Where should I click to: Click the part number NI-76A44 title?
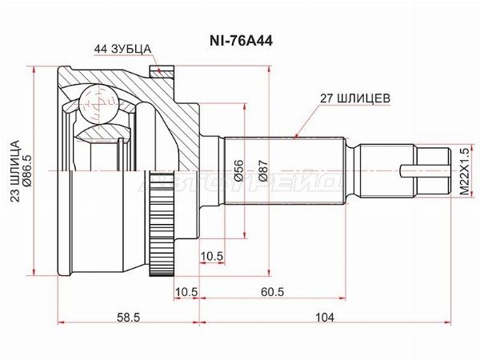[241, 41]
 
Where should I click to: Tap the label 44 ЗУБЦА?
[122, 49]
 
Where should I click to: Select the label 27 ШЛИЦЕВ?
[355, 98]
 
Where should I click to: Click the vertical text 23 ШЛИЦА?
[15, 171]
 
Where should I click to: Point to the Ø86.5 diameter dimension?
[26, 170]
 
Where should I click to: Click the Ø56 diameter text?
[239, 170]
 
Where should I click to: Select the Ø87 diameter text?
[263, 170]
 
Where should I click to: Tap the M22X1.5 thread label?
[464, 171]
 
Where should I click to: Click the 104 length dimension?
[325, 318]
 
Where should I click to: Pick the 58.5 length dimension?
[128, 318]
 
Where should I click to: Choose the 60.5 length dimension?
[273, 292]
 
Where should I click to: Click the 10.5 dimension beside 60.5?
[186, 292]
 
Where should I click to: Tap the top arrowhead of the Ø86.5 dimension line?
[34, 69]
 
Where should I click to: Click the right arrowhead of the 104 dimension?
[449, 322]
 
